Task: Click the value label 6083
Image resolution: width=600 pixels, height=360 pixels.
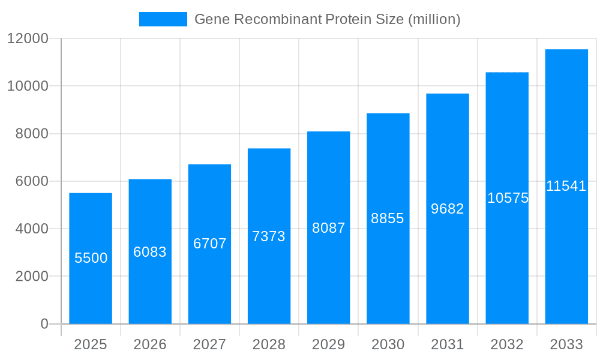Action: click(x=150, y=252)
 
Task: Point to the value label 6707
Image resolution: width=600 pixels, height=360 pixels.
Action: click(x=209, y=244)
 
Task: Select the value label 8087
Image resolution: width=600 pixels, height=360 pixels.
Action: click(x=328, y=228)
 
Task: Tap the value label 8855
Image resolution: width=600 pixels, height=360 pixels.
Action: click(x=388, y=218)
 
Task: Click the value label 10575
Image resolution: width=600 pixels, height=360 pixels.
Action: click(x=508, y=198)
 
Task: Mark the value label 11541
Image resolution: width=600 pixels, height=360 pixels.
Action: click(x=566, y=186)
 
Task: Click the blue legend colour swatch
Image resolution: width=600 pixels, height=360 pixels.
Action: click(x=163, y=19)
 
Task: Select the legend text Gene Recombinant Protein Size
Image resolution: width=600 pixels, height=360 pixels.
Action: click(x=328, y=19)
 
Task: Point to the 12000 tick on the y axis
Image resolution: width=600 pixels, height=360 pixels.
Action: click(x=27, y=38)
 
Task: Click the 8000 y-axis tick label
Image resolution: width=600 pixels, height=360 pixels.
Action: click(x=31, y=134)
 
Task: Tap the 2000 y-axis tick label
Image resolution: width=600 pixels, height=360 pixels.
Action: click(x=31, y=277)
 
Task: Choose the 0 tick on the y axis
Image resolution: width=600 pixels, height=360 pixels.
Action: click(x=44, y=324)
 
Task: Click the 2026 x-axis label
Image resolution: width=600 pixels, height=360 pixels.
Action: click(x=150, y=344)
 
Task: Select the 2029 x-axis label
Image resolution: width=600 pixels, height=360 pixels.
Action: click(x=328, y=344)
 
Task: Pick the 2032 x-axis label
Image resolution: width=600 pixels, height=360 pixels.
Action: click(x=507, y=344)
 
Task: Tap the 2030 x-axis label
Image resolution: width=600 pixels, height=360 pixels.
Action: click(x=388, y=344)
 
